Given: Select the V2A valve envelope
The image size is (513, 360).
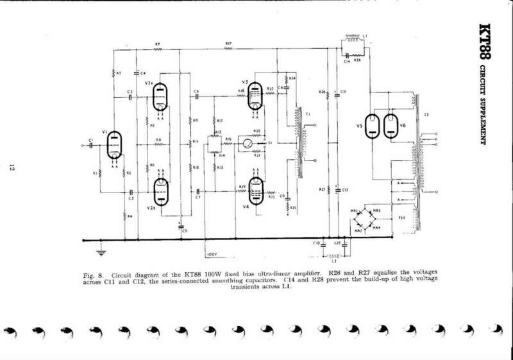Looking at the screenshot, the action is pyautogui.click(x=160, y=99).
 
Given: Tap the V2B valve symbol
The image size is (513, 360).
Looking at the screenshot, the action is pyautogui.click(x=160, y=191).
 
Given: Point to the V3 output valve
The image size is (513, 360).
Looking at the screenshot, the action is pyautogui.click(x=256, y=95).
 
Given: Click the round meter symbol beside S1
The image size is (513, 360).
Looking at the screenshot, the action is pyautogui.click(x=244, y=143).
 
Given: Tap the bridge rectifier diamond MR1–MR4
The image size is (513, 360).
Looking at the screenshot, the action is pyautogui.click(x=369, y=219).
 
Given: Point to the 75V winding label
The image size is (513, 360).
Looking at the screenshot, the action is pyautogui.click(x=403, y=218).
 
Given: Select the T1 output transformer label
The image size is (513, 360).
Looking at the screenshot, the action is pyautogui.click(x=308, y=114).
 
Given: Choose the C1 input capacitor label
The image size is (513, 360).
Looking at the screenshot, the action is pyautogui.click(x=91, y=139).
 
